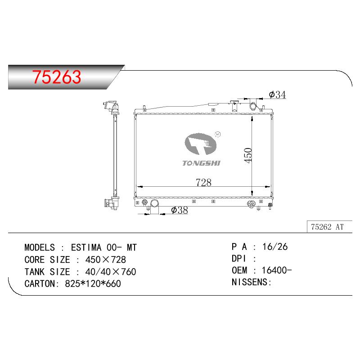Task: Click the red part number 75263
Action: pos(57,77)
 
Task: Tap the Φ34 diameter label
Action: pos(277,94)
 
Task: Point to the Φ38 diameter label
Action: pos(180,210)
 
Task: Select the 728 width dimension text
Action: pos(203,183)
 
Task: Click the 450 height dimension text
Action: pos(248,155)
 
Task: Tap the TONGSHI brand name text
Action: pos(201,163)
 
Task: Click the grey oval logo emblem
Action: pos(200,144)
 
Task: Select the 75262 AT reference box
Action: pos(329,227)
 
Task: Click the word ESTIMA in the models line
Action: pos(86,247)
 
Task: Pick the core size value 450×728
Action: pos(105,260)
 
